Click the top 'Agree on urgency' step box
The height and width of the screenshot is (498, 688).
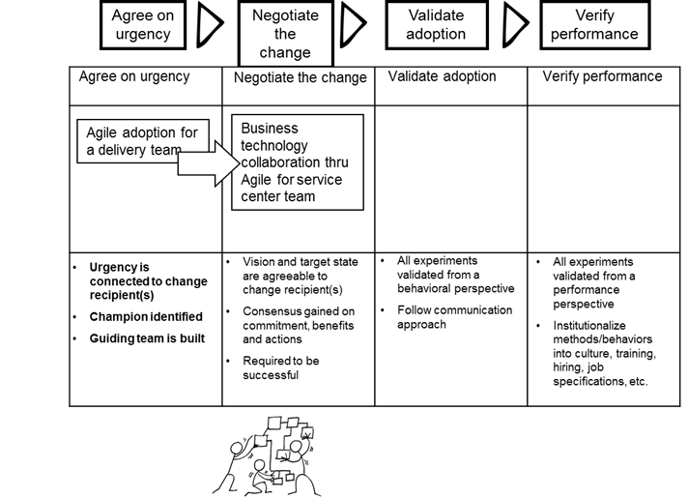pyautogui.click(x=142, y=26)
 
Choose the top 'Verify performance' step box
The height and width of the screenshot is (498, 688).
pyautogui.click(x=593, y=26)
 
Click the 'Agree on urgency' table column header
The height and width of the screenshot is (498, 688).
pyautogui.click(x=134, y=77)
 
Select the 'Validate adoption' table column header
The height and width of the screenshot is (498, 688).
pyautogui.click(x=442, y=77)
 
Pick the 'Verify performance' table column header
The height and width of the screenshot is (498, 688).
pyautogui.click(x=602, y=77)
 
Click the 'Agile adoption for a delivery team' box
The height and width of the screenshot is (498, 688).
pyautogui.click(x=142, y=141)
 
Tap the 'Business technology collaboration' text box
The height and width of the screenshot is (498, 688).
pyautogui.click(x=297, y=161)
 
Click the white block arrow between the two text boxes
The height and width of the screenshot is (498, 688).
pyautogui.click(x=209, y=165)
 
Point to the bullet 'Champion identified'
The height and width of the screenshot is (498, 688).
pyautogui.click(x=146, y=316)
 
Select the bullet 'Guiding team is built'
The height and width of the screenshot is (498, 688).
pyautogui.click(x=147, y=338)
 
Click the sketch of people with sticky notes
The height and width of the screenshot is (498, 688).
pyautogui.click(x=267, y=454)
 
